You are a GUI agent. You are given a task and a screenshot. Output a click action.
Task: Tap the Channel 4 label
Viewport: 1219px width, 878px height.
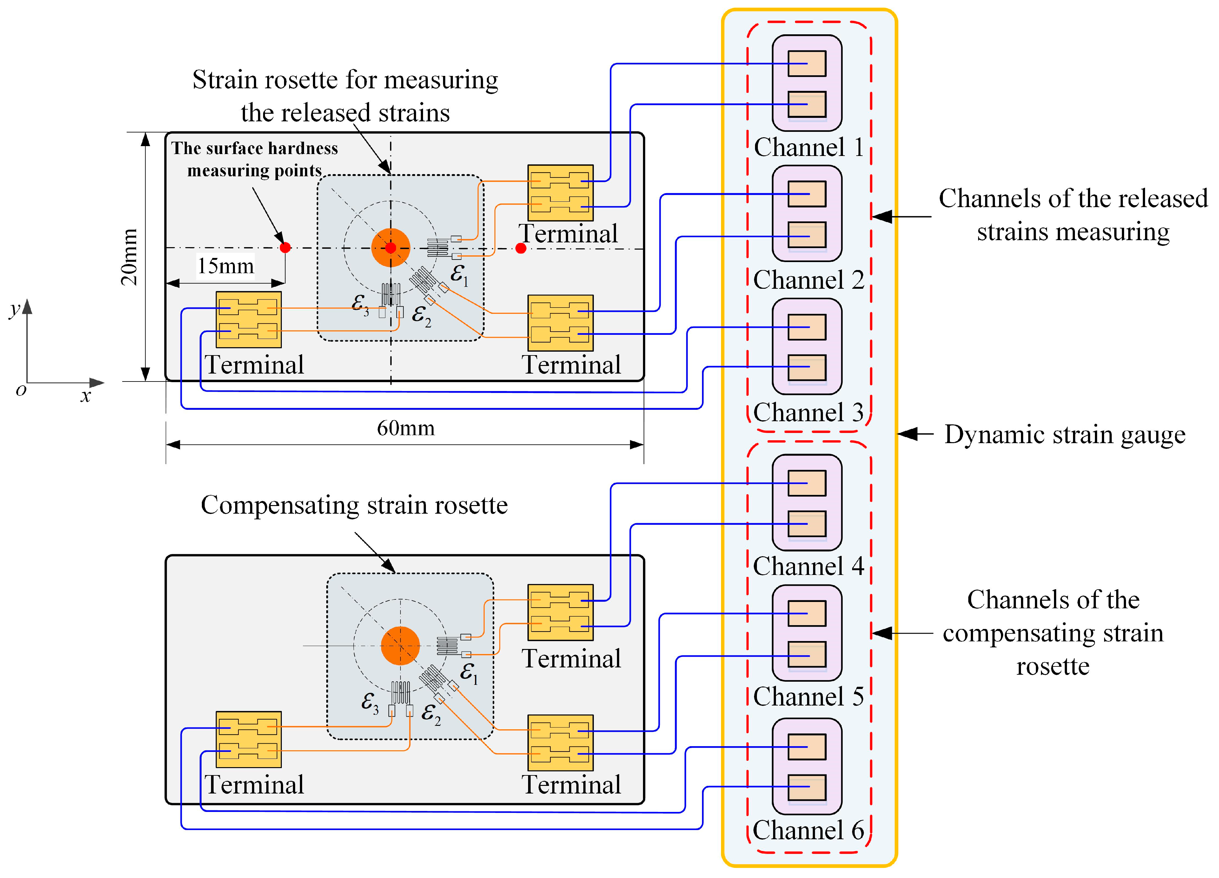(808, 566)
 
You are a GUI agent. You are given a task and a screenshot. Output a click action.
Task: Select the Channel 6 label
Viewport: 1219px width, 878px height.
(808, 830)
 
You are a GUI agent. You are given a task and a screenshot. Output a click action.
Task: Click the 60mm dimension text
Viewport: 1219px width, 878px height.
(406, 428)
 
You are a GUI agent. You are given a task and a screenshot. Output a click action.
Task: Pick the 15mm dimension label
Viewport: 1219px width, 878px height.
(226, 266)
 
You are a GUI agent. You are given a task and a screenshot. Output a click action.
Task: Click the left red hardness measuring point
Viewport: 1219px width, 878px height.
(285, 247)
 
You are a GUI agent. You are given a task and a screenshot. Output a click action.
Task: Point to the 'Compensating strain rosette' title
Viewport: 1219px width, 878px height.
(354, 505)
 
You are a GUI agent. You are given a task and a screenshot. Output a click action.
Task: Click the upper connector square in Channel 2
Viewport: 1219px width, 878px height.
(807, 194)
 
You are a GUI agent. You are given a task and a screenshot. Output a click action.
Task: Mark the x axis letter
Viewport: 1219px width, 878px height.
(85, 396)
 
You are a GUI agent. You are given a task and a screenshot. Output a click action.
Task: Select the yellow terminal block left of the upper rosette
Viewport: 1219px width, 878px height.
(248, 320)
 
